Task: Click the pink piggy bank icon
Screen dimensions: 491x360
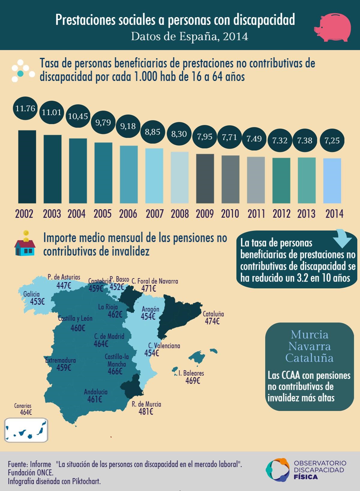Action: (x=332, y=27)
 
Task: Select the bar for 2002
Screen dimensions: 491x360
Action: (x=27, y=167)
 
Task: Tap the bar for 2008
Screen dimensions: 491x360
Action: (x=180, y=177)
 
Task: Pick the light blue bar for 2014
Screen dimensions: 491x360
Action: (x=332, y=181)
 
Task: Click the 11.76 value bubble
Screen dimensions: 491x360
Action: (x=25, y=108)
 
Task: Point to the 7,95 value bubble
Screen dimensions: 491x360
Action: (x=205, y=137)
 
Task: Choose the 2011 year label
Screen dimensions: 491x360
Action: (x=256, y=214)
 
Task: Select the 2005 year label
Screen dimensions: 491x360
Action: (x=103, y=214)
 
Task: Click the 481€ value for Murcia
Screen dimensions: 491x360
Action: (x=146, y=412)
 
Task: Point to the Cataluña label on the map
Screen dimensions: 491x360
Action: (x=213, y=314)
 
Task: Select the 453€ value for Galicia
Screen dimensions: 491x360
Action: (x=37, y=302)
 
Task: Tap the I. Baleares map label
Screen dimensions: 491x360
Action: (x=191, y=373)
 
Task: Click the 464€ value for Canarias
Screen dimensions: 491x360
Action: (x=26, y=412)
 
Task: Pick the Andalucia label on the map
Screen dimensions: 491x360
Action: (x=96, y=392)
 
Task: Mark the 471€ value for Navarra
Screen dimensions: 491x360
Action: (x=149, y=288)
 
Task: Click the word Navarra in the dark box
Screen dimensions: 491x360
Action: (x=309, y=346)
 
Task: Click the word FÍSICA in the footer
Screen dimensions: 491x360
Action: (x=306, y=477)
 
